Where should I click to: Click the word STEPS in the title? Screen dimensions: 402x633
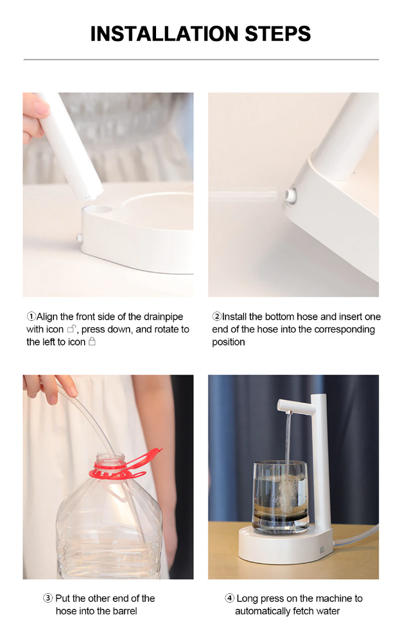[277, 34]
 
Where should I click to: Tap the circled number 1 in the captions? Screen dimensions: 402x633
[31, 316]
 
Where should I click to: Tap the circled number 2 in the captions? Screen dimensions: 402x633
[217, 316]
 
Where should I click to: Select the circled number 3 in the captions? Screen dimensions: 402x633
[48, 598]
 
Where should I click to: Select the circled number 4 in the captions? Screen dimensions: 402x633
[229, 598]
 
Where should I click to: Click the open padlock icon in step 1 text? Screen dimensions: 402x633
[71, 329]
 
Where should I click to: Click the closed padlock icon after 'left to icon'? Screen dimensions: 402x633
[92, 342]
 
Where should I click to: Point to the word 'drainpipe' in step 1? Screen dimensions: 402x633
[164, 317]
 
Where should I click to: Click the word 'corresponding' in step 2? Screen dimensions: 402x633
[344, 330]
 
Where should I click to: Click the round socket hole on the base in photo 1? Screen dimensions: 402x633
[100, 210]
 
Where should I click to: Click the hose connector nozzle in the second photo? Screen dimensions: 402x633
[290, 195]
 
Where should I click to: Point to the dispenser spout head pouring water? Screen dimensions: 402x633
[296, 406]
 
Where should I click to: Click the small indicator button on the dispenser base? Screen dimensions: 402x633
[322, 550]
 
